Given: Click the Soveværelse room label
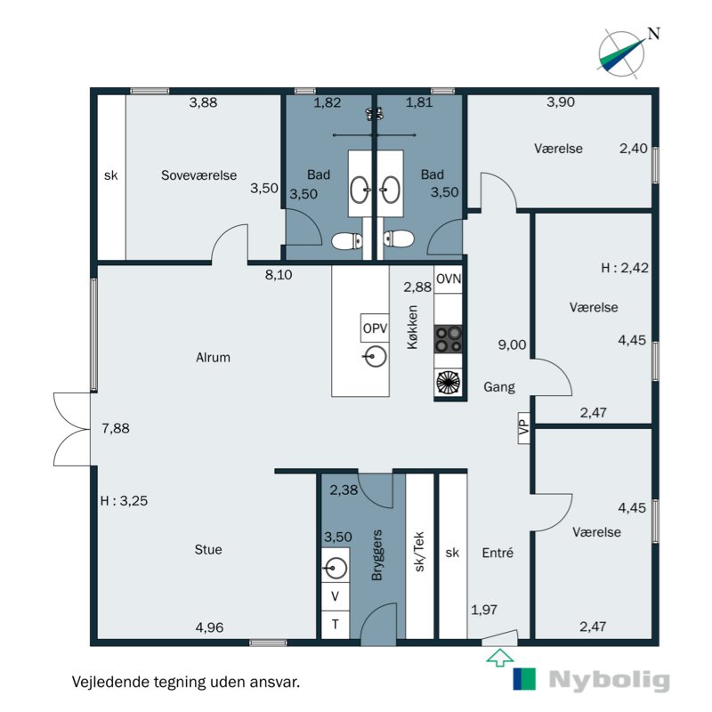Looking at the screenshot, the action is (x=198, y=175).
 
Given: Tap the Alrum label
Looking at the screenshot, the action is (x=213, y=358).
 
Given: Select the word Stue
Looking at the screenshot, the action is (x=208, y=549).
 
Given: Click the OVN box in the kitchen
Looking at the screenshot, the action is (x=449, y=279).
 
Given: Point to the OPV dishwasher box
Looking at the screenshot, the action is (x=375, y=328).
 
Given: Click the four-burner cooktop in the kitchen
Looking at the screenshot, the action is (x=449, y=339).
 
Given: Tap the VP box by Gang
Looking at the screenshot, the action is (x=524, y=427).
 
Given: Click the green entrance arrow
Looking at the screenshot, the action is (x=499, y=657).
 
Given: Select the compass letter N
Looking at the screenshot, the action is (x=653, y=34).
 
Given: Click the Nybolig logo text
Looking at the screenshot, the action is (x=610, y=680).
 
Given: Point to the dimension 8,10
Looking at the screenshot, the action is (x=279, y=275).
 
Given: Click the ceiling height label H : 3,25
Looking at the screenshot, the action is (x=124, y=500).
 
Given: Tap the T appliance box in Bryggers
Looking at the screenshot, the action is (x=336, y=625).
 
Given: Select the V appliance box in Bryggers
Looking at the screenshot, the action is (x=336, y=596).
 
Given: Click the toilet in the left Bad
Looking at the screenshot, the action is (x=347, y=241).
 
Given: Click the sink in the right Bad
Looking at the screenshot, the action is (x=390, y=190).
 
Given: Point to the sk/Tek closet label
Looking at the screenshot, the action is (x=419, y=551).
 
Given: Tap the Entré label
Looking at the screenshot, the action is (x=498, y=553).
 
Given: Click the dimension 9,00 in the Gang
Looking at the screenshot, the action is (x=512, y=344).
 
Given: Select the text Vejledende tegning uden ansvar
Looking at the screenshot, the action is (x=186, y=682).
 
